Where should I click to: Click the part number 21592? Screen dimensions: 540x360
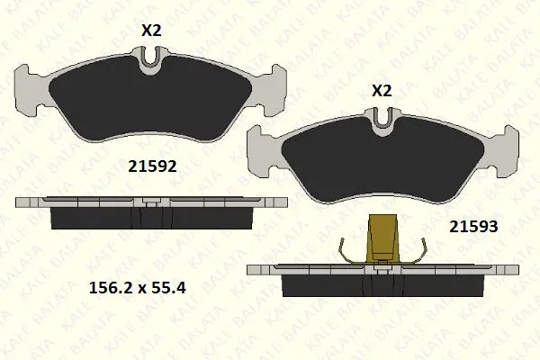point(152,166)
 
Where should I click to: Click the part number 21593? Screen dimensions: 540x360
point(473,227)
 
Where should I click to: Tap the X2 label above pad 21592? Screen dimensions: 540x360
point(151,31)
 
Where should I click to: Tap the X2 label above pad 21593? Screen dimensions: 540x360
point(382,91)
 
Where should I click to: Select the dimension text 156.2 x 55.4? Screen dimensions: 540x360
point(138,288)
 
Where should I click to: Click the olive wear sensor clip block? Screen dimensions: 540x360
point(382,238)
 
